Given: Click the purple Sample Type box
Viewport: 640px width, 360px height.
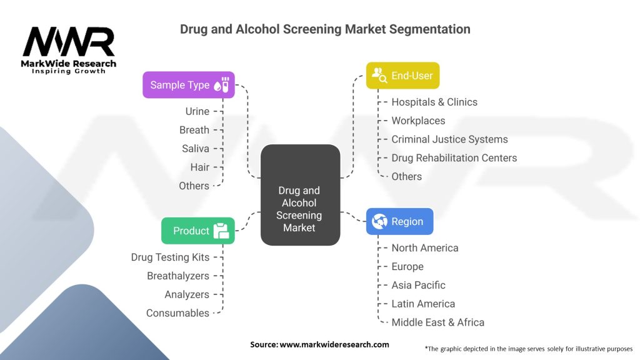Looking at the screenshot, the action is (189, 85).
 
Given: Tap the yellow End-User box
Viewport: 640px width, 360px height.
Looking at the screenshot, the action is (403, 76).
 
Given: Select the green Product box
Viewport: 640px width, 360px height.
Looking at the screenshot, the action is (198, 231).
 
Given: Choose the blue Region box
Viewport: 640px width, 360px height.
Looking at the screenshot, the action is (399, 221).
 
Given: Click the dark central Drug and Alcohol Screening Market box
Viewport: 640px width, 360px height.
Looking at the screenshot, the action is (300, 195).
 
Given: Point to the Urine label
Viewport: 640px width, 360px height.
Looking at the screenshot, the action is (197, 111).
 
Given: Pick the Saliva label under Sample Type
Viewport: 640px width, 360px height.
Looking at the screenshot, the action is (196, 149).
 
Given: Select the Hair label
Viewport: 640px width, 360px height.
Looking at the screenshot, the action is (199, 167).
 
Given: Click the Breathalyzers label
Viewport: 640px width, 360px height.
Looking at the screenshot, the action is (178, 276).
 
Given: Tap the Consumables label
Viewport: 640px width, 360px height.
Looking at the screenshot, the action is (177, 313).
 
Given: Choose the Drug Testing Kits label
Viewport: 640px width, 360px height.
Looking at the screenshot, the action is (170, 257).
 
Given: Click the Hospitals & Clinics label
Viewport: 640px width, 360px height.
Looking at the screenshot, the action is (434, 102).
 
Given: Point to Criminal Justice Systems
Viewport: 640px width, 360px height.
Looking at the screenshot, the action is (449, 139).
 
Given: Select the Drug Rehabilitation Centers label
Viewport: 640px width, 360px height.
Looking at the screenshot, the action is (454, 158).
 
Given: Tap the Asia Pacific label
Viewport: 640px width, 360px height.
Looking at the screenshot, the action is (418, 285).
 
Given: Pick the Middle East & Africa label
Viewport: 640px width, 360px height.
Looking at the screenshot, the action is (438, 322).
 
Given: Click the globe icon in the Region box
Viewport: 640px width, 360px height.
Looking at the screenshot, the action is (379, 221).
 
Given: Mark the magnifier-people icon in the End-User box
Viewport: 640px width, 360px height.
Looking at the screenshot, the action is (379, 76).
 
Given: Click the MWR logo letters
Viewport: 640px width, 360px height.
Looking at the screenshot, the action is (69, 41).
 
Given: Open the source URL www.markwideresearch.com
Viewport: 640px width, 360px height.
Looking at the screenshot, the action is (334, 344).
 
